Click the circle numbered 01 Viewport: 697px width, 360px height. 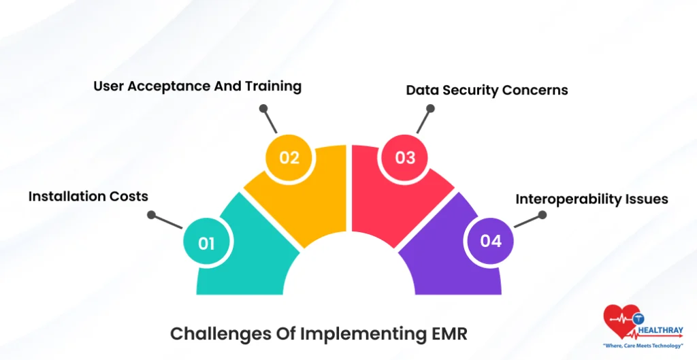point(207,243)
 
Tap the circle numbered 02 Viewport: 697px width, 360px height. point(289,157)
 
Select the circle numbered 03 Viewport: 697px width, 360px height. point(405,157)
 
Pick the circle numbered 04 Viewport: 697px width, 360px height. point(490,241)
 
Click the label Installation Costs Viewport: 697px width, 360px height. point(88,196)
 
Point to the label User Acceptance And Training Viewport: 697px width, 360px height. point(197,86)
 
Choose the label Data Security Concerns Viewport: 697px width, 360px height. point(487,90)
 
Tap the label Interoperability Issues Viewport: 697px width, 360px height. point(591,199)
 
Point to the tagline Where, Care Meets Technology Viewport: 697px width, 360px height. point(643,346)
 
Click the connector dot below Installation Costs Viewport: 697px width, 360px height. point(151,216)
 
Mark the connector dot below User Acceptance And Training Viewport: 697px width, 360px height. point(263,108)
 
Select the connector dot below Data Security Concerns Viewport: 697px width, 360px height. point(431,108)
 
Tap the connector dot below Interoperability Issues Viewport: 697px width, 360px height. point(542,214)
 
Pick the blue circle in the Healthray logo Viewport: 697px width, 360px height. point(638,318)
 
